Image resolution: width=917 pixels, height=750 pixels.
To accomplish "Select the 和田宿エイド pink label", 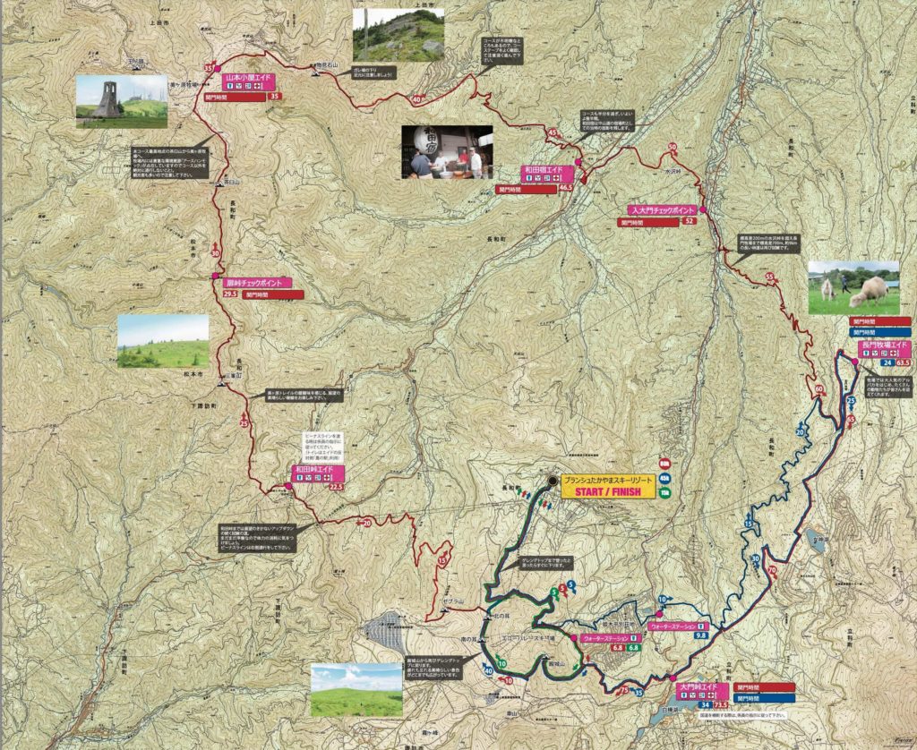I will pos(542,169).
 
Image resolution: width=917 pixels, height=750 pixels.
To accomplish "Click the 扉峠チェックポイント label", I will pos(254,283).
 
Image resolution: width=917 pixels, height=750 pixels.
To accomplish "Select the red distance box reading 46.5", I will pos(565,189).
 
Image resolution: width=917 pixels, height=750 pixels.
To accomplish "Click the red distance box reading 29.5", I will pos(230,294).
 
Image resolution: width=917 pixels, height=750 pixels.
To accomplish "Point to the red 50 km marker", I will pos(672,147).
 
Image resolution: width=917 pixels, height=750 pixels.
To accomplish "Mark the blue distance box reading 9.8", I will pos(700,635).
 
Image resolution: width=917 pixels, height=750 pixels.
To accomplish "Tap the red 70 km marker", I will pos(772,569).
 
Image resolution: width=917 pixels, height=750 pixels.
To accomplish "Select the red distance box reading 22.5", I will pos(337,486).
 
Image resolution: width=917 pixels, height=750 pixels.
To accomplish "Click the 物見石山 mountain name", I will pos(332,65).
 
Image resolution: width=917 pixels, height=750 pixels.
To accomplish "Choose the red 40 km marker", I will pos(418,99).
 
